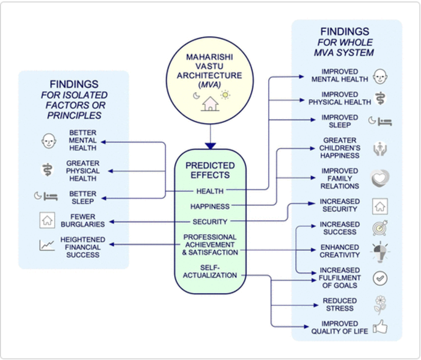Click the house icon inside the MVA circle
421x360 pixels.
[x=210, y=104]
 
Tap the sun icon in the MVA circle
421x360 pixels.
[x=225, y=95]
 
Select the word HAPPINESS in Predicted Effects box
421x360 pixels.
[x=210, y=206]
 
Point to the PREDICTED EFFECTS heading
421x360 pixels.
[x=210, y=171]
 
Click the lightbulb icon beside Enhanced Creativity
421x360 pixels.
[x=380, y=251]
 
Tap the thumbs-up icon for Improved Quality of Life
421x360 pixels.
[x=380, y=327]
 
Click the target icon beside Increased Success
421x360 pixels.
[x=380, y=228]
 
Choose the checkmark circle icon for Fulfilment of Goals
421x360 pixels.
[x=380, y=278]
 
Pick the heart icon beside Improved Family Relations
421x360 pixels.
[x=380, y=178]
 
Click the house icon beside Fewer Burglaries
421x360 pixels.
[x=47, y=220]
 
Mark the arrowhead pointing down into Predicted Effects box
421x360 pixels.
[x=210, y=146]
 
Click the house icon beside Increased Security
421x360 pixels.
[x=380, y=206]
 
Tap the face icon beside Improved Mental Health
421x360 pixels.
[x=380, y=76]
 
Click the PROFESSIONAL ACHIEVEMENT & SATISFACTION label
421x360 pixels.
[x=210, y=244]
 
